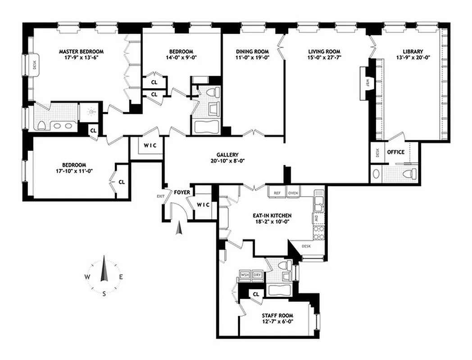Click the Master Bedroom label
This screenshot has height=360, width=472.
tap(81, 51)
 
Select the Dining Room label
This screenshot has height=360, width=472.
tap(252, 51)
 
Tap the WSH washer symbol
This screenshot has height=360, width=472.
tap(245, 275)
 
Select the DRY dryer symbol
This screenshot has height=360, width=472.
tap(257, 275)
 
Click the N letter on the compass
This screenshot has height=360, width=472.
tap(104, 258)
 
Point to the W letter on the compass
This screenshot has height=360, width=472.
tap(86, 277)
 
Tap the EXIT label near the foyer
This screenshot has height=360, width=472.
tap(160, 196)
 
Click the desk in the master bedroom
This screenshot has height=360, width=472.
tap(35, 66)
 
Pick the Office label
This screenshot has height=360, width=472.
tap(396, 152)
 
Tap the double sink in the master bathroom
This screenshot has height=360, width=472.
tap(60, 125)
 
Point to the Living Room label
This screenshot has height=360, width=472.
tap(324, 51)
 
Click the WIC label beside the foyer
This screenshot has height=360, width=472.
tap(204, 205)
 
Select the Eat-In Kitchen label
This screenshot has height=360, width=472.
tap(274, 216)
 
